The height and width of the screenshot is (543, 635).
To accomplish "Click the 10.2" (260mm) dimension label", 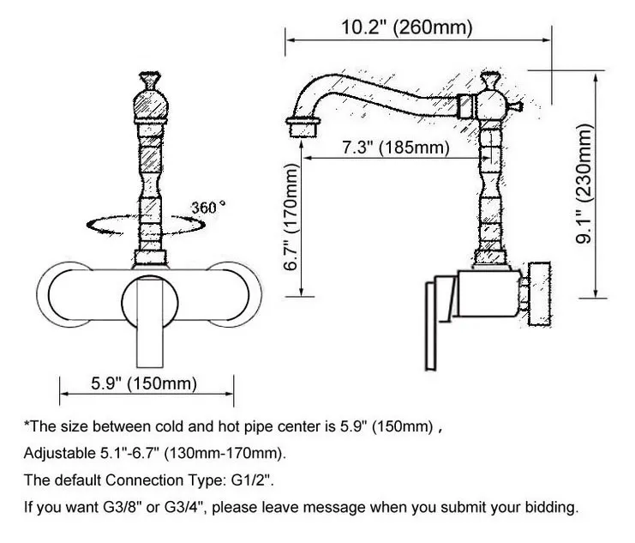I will pos(406,27).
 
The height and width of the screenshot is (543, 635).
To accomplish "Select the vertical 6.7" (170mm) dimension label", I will pos(292,218).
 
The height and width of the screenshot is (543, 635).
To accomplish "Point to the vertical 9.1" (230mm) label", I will pos(585,184).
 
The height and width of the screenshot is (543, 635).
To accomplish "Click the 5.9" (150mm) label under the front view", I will pos(144,383).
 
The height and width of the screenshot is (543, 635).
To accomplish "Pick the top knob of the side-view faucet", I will pos(491,82).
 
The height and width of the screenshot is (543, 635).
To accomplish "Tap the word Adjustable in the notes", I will pos(56,452).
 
